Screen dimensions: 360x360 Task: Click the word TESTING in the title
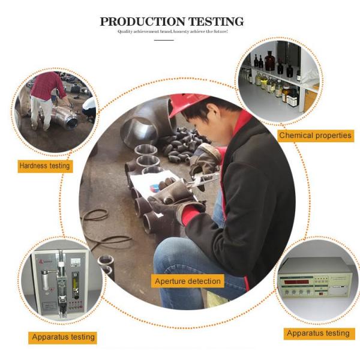click(214, 22)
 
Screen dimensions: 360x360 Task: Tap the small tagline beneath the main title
click(172, 31)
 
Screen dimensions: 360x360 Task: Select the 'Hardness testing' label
click(44, 166)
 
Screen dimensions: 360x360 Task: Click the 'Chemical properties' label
click(316, 136)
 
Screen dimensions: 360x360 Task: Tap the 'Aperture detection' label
click(188, 281)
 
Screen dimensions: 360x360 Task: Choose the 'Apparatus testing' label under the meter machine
click(62, 337)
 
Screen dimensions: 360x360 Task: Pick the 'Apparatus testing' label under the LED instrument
click(318, 333)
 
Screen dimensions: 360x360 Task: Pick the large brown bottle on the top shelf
click(269, 60)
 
